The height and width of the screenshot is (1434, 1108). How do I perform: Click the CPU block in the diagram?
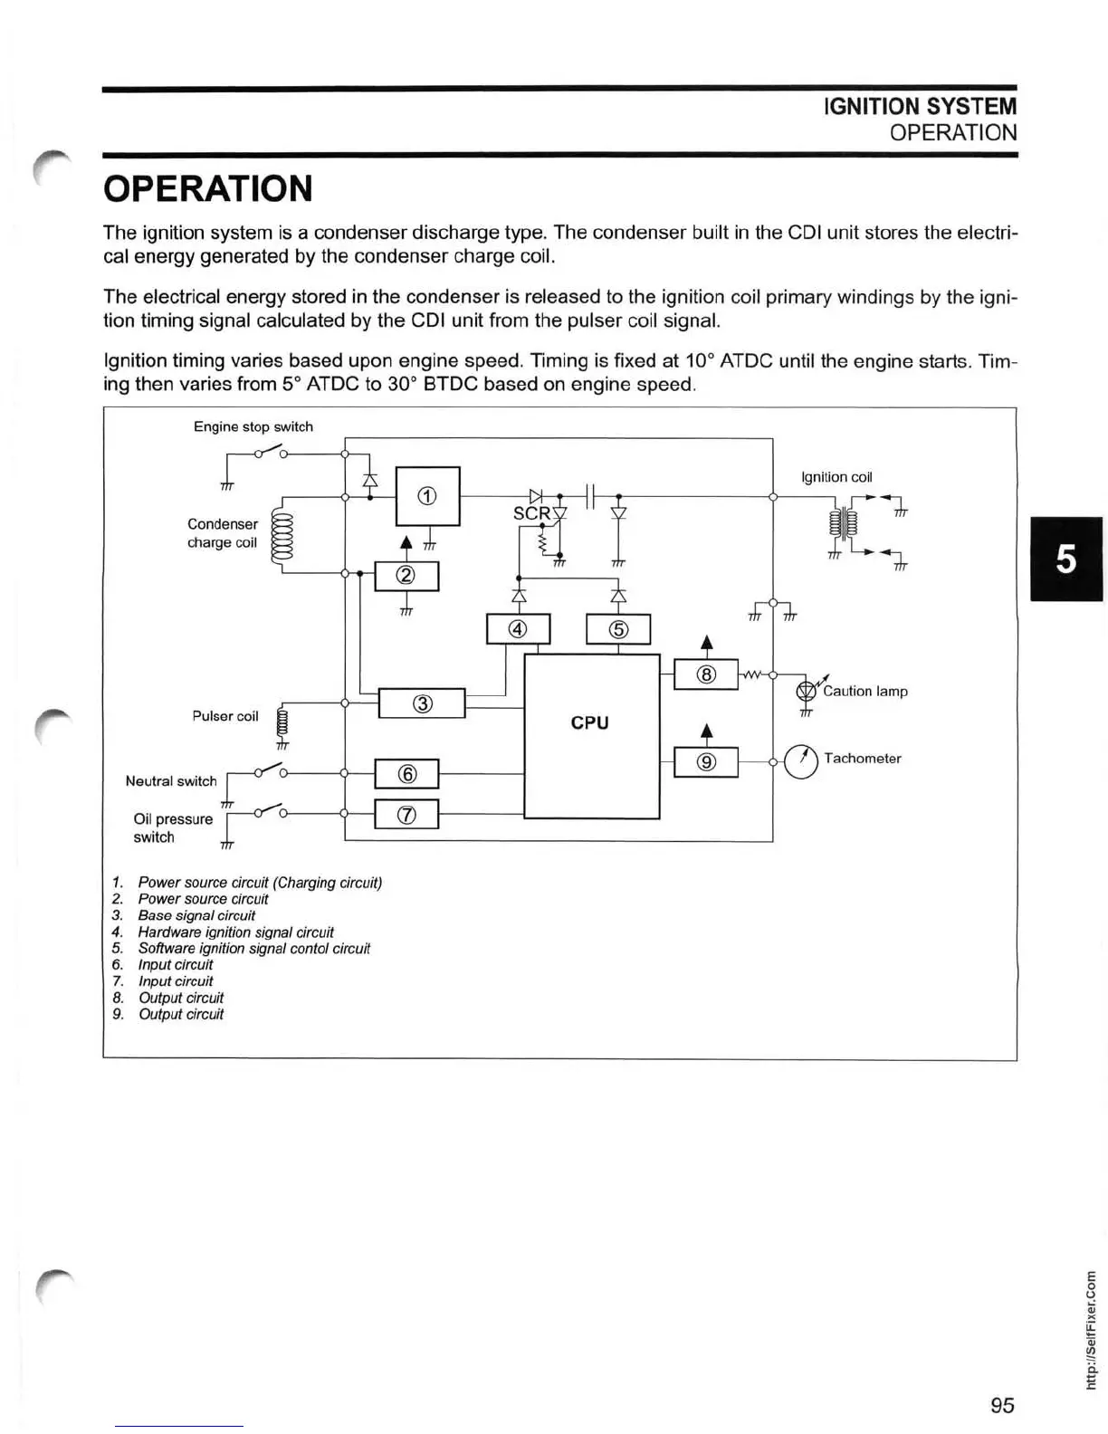[x=591, y=735]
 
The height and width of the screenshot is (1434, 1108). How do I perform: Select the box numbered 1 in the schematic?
[x=427, y=495]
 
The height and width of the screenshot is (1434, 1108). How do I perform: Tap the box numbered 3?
[x=421, y=703]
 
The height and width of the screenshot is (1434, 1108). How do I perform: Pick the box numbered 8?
[x=706, y=674]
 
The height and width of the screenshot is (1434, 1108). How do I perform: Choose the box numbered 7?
[x=406, y=815]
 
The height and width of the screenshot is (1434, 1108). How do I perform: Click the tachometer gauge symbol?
[x=801, y=760]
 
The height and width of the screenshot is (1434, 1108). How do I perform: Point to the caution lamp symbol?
[x=805, y=692]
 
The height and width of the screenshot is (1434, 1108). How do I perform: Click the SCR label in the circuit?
[x=531, y=513]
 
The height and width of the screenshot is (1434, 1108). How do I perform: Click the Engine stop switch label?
[x=253, y=426]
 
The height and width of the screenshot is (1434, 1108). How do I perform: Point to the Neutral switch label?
[x=171, y=781]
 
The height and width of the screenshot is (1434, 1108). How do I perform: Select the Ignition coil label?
[x=836, y=477]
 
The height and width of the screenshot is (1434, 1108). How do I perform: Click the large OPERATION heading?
[x=208, y=189]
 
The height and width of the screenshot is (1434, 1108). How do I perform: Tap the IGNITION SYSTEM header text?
[x=920, y=107]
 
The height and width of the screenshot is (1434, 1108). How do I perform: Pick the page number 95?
[x=1002, y=1405]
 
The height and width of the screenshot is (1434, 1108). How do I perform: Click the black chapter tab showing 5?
[x=1066, y=559]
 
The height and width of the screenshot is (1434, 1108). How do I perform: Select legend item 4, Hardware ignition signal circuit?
[x=235, y=932]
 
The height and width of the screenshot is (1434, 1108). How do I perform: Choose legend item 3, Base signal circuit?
[x=196, y=915]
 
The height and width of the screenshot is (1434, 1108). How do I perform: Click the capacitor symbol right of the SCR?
[x=588, y=496]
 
